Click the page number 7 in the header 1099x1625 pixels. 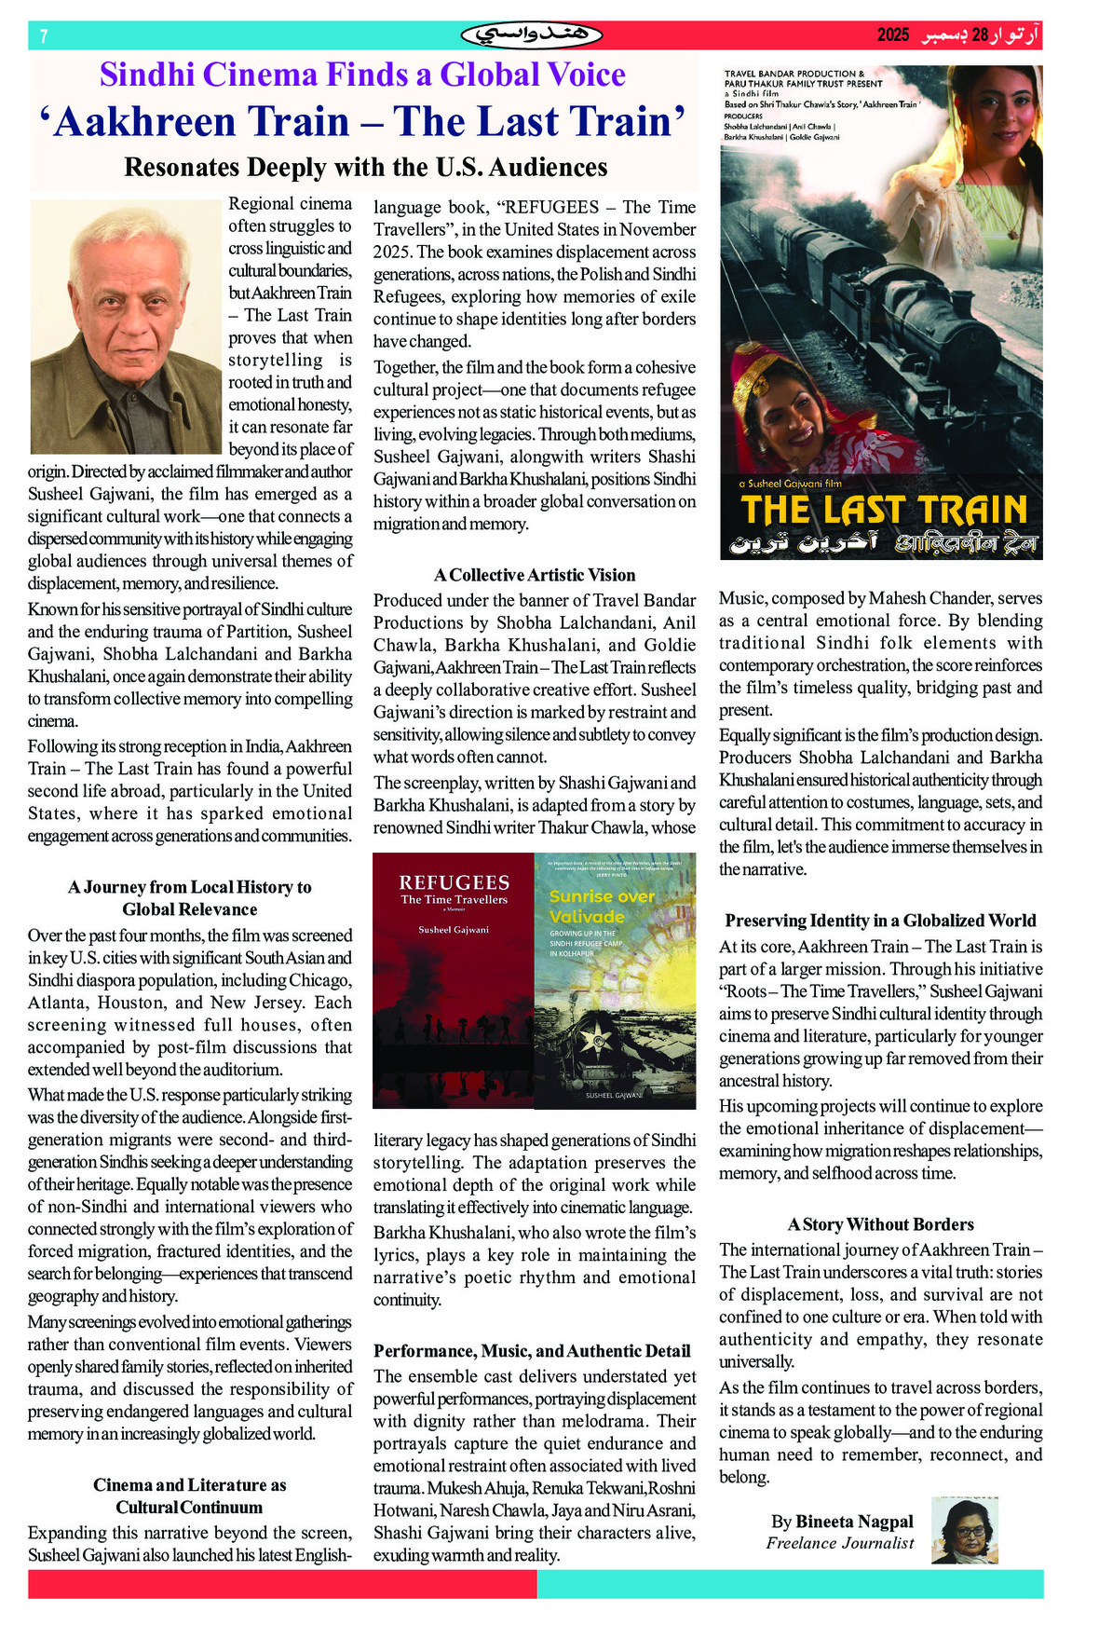tap(44, 36)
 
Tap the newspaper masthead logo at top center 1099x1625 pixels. tap(532, 35)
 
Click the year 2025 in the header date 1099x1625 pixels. tap(892, 35)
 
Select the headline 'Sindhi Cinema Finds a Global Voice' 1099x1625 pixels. tap(362, 75)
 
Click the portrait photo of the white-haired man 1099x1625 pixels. tap(126, 325)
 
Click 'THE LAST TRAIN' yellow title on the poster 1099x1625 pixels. tap(883, 511)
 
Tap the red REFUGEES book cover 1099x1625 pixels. tap(454, 979)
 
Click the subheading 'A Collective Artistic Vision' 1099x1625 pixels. tap(535, 575)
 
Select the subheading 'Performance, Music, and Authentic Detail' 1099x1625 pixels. tap(532, 1351)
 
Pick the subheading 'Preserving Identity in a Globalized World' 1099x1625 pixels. tap(880, 921)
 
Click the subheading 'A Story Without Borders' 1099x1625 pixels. tap(880, 1224)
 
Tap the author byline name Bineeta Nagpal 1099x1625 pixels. tap(842, 1522)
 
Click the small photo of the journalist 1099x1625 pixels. tap(965, 1530)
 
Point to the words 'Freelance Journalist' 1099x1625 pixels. tap(839, 1543)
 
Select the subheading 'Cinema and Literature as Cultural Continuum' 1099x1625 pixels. tap(190, 1495)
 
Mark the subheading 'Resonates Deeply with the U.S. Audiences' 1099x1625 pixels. tap(365, 168)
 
